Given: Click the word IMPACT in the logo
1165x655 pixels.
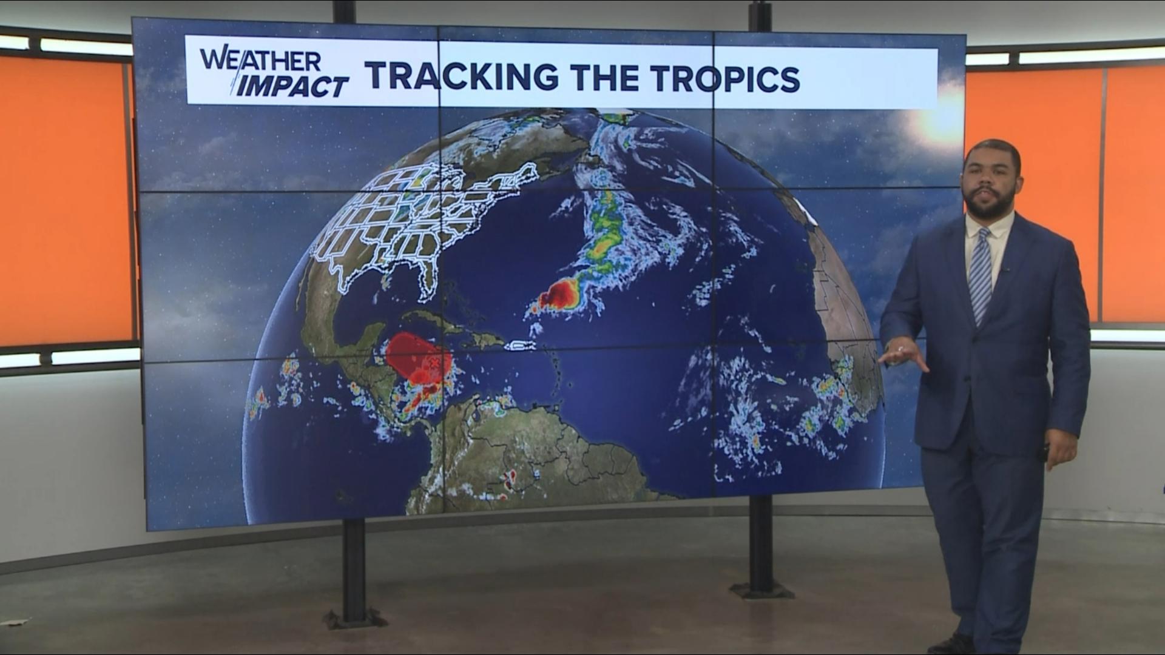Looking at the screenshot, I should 292,87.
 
